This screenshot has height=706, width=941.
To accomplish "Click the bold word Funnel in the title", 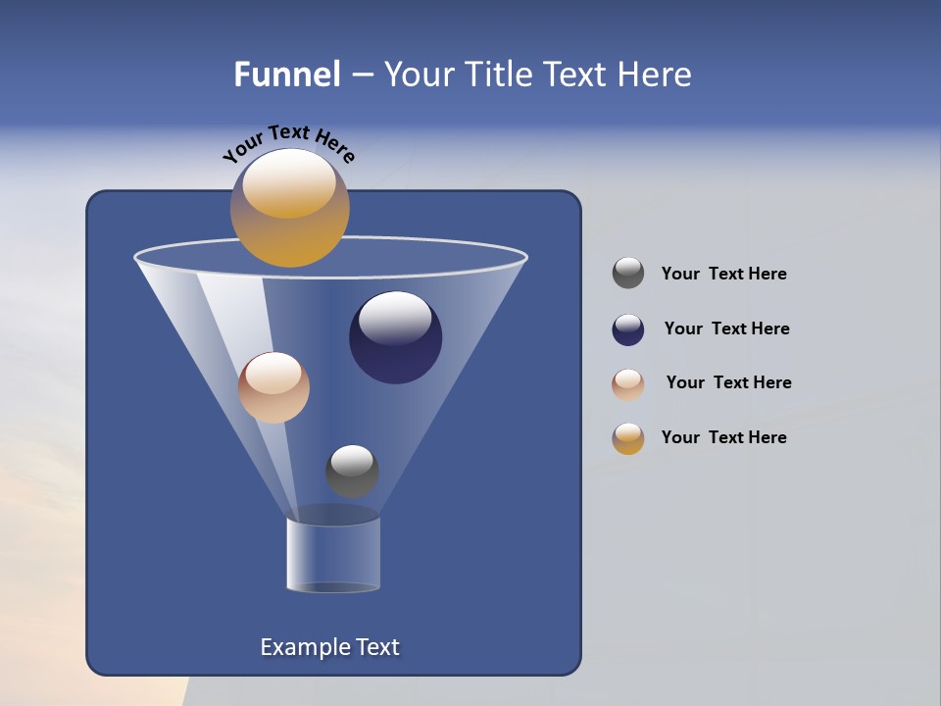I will (286, 75).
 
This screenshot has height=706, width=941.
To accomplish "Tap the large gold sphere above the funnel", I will (289, 209).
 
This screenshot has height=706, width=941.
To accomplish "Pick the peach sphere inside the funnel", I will (273, 387).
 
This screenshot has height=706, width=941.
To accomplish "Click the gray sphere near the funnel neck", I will (352, 471).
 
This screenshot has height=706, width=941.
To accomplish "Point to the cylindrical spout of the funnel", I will (333, 554).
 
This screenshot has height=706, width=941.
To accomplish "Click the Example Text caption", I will (329, 647).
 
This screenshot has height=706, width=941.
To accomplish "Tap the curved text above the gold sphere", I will (288, 141).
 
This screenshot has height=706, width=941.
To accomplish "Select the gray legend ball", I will (628, 274).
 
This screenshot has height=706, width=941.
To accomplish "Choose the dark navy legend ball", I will (628, 329).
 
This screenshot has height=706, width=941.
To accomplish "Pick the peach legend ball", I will (628, 384).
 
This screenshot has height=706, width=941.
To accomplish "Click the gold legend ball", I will (628, 438).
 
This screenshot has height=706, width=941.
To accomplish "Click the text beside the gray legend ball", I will (723, 275).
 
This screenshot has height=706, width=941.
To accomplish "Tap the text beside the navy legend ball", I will (726, 329).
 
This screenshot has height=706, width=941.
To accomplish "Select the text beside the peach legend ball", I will (728, 383).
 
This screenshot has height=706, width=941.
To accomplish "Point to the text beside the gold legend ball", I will (723, 438).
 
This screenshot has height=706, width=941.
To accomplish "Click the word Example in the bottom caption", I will (303, 647).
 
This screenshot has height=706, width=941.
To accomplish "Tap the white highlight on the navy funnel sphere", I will (395, 317).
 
